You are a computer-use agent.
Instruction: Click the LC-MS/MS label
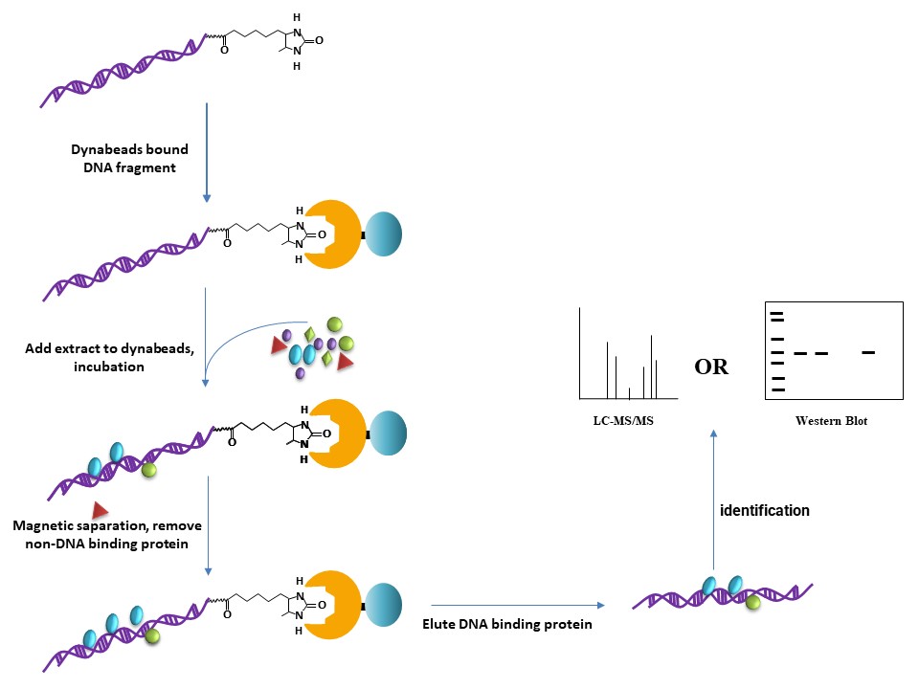[629, 418]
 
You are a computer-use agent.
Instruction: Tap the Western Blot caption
[831, 420]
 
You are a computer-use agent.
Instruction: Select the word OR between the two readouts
[710, 367]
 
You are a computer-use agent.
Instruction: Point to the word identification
[764, 511]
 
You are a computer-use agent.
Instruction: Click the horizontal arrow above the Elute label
[517, 605]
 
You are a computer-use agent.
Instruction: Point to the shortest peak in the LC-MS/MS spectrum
[628, 392]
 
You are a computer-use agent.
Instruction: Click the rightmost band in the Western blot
[868, 352]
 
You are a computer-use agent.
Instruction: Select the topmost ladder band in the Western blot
[777, 316]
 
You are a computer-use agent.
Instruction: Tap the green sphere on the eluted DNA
[752, 602]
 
